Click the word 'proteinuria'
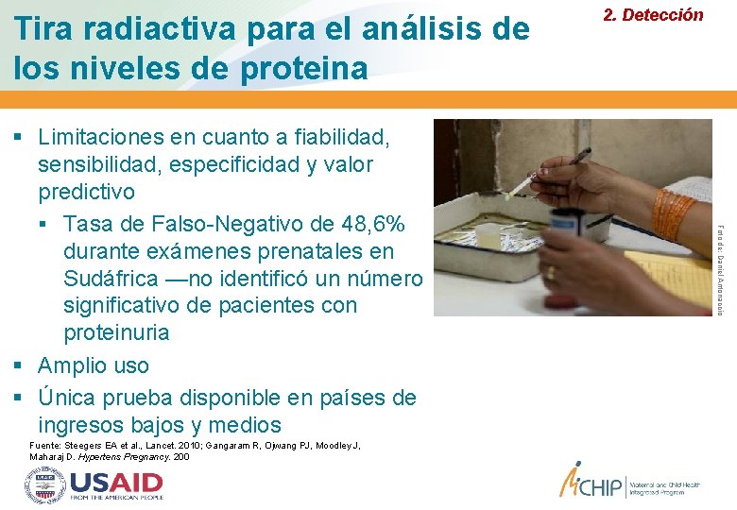click(x=116, y=332)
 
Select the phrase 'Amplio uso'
click(x=94, y=365)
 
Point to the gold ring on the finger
click(x=552, y=273)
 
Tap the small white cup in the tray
click(x=488, y=235)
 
